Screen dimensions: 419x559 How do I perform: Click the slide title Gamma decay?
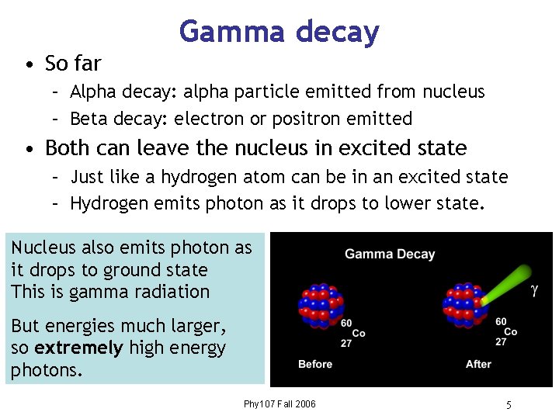279,32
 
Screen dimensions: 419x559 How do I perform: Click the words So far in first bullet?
73,62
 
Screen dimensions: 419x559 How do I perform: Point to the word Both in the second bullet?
66,147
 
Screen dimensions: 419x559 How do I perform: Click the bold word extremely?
79,348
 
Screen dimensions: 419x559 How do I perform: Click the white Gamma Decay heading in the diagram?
390,254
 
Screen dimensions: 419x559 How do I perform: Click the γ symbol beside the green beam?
534,291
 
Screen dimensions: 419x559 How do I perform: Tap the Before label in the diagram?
315,364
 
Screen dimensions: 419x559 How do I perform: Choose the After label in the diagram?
478,364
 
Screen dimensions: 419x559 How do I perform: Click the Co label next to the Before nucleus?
359,333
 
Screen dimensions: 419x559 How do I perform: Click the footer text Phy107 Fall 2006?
279,404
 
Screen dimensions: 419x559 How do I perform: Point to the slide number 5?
509,405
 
